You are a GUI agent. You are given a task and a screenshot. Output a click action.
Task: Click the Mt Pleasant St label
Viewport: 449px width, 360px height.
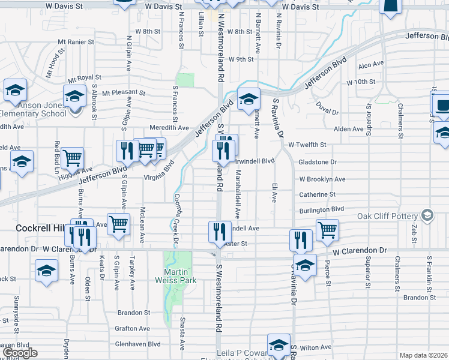[x=124, y=93]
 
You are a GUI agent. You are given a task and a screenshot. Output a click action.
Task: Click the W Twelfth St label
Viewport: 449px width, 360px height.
[x=307, y=145]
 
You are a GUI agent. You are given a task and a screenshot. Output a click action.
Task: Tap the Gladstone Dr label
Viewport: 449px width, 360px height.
[x=318, y=162]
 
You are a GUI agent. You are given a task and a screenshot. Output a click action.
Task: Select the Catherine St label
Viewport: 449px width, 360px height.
[x=317, y=194]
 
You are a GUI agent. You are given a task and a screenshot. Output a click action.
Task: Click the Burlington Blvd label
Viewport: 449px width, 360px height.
[x=321, y=209]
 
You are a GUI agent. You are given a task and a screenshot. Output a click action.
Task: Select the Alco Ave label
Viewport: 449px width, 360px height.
[x=370, y=64]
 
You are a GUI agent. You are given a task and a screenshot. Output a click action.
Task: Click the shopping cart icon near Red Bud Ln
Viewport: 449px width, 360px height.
[x=72, y=158]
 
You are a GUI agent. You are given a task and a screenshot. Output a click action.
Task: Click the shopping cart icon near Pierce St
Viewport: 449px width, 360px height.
[x=327, y=230]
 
